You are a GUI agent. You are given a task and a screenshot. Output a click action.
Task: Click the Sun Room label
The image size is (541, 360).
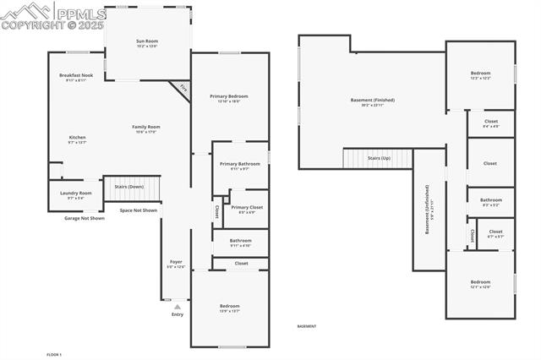click(x=147, y=43)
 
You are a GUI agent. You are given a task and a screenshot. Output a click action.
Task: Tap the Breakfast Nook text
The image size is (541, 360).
click(x=75, y=78)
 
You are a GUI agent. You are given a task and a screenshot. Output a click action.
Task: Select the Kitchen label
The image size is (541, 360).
click(x=77, y=139)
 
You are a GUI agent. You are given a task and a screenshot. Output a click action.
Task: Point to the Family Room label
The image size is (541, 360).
click(x=146, y=129)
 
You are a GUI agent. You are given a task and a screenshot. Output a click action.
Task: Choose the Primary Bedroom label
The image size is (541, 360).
click(x=229, y=98)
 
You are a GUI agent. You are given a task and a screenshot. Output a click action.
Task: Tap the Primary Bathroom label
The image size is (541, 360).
click(x=239, y=166)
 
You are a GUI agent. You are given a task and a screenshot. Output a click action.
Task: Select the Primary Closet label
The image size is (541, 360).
click(x=247, y=209)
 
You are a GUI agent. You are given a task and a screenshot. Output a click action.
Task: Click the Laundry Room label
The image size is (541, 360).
click(x=75, y=195)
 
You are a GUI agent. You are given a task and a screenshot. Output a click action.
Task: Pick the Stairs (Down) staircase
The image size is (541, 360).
click(x=132, y=188)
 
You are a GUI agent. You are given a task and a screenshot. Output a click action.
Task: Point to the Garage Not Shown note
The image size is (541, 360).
click(x=85, y=218)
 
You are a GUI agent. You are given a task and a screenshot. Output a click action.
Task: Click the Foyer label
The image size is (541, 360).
click(x=176, y=264)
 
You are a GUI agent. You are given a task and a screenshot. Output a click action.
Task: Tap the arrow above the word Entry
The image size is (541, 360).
click(x=177, y=306)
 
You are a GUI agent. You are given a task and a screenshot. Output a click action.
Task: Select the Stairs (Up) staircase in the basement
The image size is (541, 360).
click(x=377, y=158)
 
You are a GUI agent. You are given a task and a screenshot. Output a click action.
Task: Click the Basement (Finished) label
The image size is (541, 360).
click(x=372, y=101)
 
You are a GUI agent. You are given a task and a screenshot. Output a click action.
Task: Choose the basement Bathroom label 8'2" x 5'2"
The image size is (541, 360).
click(x=491, y=202)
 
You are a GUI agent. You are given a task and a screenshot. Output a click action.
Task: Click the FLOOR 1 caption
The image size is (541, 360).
click(x=55, y=354)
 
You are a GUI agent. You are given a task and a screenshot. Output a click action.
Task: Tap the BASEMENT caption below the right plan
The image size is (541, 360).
click(x=307, y=326)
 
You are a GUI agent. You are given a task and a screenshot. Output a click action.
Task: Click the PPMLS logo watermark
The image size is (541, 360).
click(x=53, y=15)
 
